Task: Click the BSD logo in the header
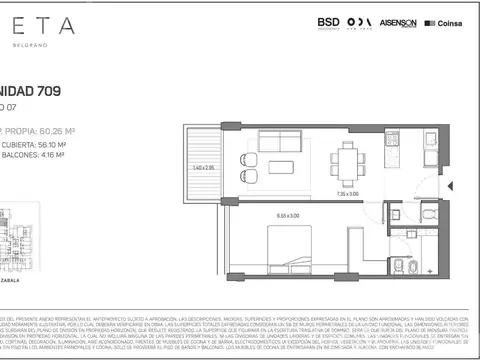click(328, 21)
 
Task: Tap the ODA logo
click(361, 22)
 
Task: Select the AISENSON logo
click(398, 22)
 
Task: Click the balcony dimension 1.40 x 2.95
click(204, 167)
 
